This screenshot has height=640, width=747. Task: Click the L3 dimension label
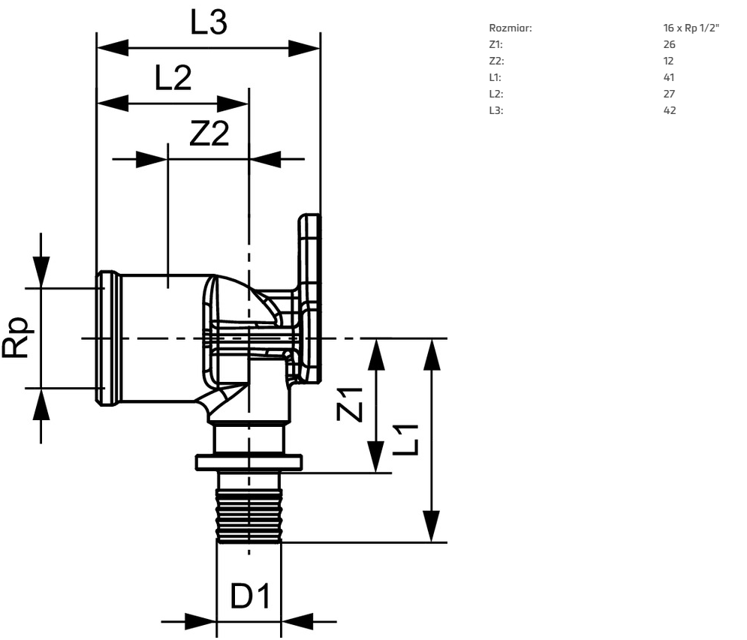click(209, 23)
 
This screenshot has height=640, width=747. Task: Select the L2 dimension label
click(173, 78)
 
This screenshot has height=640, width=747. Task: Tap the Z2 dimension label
click(209, 134)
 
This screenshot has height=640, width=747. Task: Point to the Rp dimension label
click(18, 337)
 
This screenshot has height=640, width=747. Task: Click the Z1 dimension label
click(350, 404)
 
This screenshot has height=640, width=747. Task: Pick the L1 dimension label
click(406, 440)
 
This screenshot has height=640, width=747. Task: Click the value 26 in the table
click(670, 44)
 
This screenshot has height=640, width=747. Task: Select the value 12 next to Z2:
click(668, 61)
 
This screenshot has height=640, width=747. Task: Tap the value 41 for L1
click(669, 77)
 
